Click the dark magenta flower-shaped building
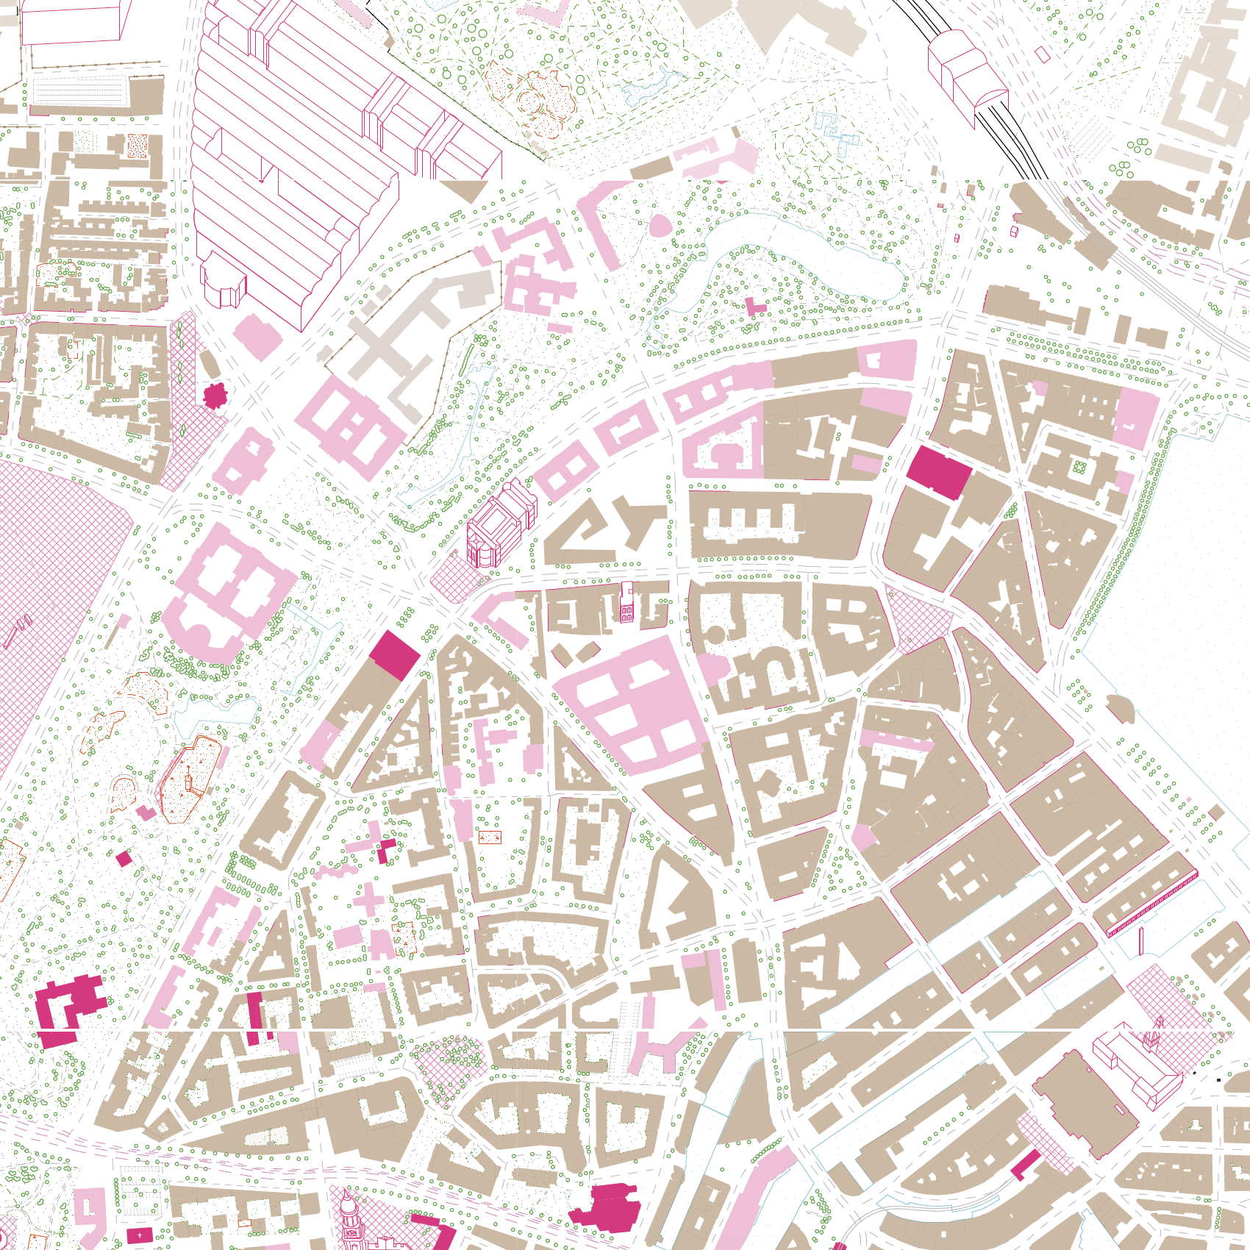[215, 395]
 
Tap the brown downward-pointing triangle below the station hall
[465, 190]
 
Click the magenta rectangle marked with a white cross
[140, 1235]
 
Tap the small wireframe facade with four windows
[626, 604]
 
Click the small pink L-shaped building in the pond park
[754, 307]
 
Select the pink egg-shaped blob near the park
[660, 224]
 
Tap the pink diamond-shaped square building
[257, 337]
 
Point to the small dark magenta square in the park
[124, 858]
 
